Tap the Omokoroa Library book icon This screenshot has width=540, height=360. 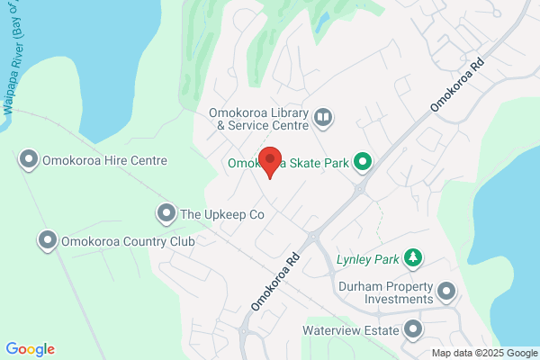pos(322,117)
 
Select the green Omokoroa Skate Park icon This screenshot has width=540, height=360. pos(363,162)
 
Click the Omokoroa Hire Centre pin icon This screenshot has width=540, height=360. pos(29,160)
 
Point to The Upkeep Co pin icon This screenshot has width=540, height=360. pos(166,214)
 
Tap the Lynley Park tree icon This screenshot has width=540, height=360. pos(413,259)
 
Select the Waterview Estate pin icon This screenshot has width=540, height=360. pos(413,330)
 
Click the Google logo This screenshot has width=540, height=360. pos(30,349)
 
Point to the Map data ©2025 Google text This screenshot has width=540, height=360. pos(482,352)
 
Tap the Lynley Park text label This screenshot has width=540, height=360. pos(367,259)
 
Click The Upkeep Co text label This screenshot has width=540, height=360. pos(222,214)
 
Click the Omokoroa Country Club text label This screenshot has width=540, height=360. pos(128,240)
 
